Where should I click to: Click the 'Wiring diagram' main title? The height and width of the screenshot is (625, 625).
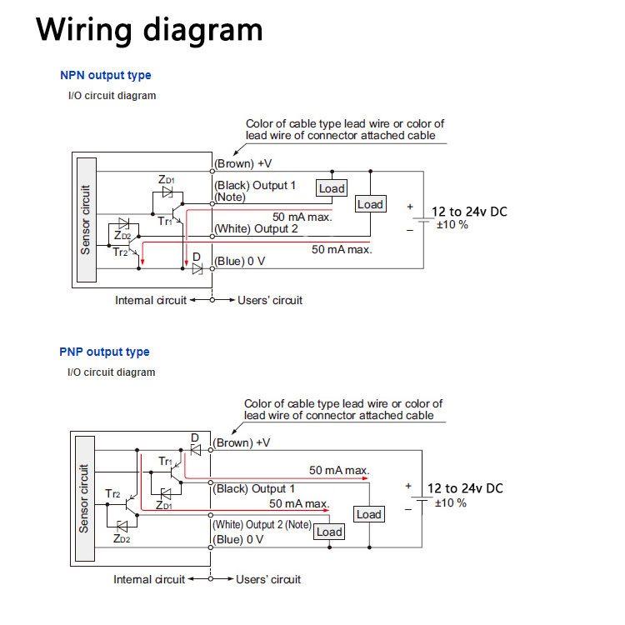click(x=149, y=30)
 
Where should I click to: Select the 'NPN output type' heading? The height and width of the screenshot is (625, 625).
click(x=106, y=75)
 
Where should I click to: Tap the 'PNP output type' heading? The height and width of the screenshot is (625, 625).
click(x=105, y=352)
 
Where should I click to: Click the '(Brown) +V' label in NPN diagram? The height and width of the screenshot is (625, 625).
click(x=243, y=163)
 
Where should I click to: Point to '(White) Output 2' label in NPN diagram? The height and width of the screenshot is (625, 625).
click(x=256, y=228)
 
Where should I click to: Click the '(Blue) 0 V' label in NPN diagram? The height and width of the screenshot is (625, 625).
click(x=240, y=261)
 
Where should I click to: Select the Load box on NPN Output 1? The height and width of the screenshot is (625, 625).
click(x=332, y=188)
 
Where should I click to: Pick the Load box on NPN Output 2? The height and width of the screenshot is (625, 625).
click(x=370, y=204)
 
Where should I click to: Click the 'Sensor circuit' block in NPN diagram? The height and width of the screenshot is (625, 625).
click(x=85, y=220)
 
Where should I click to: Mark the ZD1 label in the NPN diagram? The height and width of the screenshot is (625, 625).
click(x=167, y=179)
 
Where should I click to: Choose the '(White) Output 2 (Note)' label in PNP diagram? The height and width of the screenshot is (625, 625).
click(x=262, y=525)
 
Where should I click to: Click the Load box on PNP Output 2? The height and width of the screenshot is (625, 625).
click(x=329, y=532)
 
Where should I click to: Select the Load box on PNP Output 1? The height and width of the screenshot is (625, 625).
click(x=368, y=514)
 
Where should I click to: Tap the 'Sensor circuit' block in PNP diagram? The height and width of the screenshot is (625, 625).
click(x=83, y=498)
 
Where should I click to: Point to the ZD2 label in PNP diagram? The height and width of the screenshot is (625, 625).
click(x=122, y=538)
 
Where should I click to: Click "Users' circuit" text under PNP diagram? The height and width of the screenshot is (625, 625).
click(x=268, y=579)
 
